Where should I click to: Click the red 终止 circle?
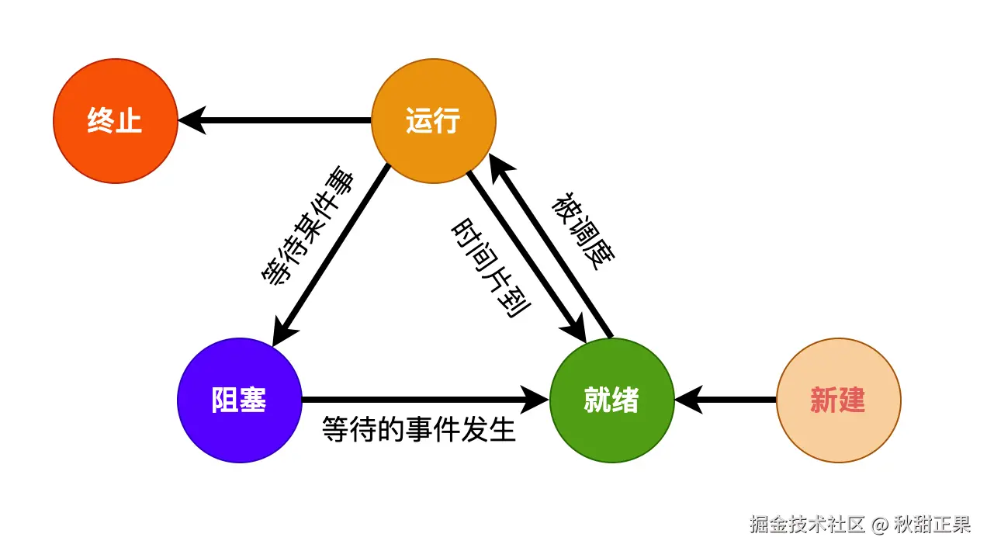[115, 121]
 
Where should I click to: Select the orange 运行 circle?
[433, 121]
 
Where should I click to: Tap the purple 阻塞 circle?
[239, 400]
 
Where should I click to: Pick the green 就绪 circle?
[611, 400]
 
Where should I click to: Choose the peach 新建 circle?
[838, 400]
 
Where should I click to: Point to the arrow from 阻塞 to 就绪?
[419, 400]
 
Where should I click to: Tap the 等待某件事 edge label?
[308, 226]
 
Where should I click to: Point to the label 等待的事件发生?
[419, 428]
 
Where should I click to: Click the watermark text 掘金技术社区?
[807, 525]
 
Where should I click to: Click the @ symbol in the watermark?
[878, 525]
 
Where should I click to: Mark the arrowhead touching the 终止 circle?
[192, 120]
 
